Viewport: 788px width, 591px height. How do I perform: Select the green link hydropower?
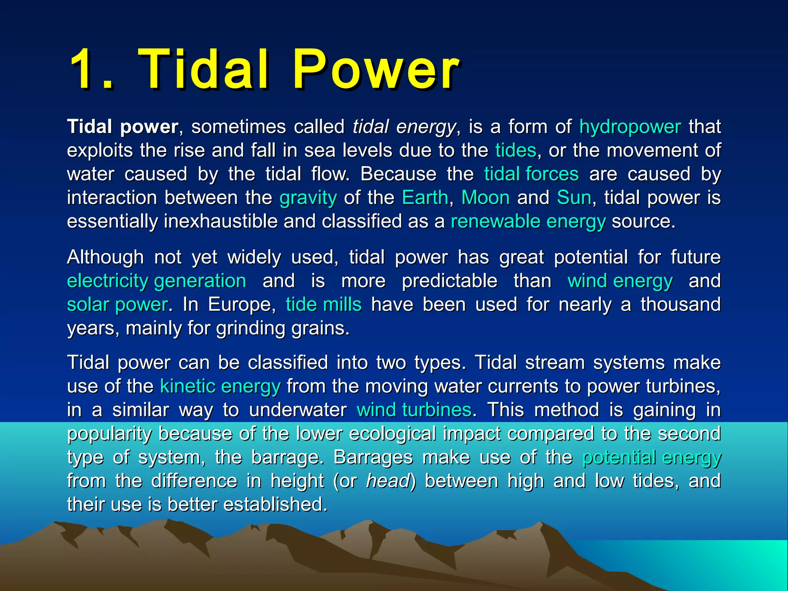(630, 127)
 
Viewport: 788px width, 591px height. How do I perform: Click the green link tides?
(516, 150)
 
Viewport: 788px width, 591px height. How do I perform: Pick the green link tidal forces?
(531, 174)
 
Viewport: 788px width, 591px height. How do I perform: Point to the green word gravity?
(308, 198)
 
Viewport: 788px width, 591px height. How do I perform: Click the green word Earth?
(425, 198)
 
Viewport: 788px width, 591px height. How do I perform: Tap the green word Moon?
(485, 198)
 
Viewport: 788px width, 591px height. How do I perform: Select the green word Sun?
(574, 198)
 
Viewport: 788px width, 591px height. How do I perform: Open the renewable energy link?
(528, 222)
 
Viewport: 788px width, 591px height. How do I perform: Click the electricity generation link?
(157, 281)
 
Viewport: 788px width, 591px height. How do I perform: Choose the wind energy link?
(620, 281)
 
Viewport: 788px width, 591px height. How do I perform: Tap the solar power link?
(117, 305)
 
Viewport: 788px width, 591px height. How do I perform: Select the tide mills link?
(324, 305)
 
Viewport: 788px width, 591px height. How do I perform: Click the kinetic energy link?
(220, 386)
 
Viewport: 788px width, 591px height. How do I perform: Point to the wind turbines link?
(414, 410)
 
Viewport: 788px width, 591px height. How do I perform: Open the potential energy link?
(651, 457)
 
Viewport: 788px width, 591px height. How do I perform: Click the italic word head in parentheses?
(388, 481)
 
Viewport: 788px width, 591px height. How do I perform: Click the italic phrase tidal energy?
(404, 127)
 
